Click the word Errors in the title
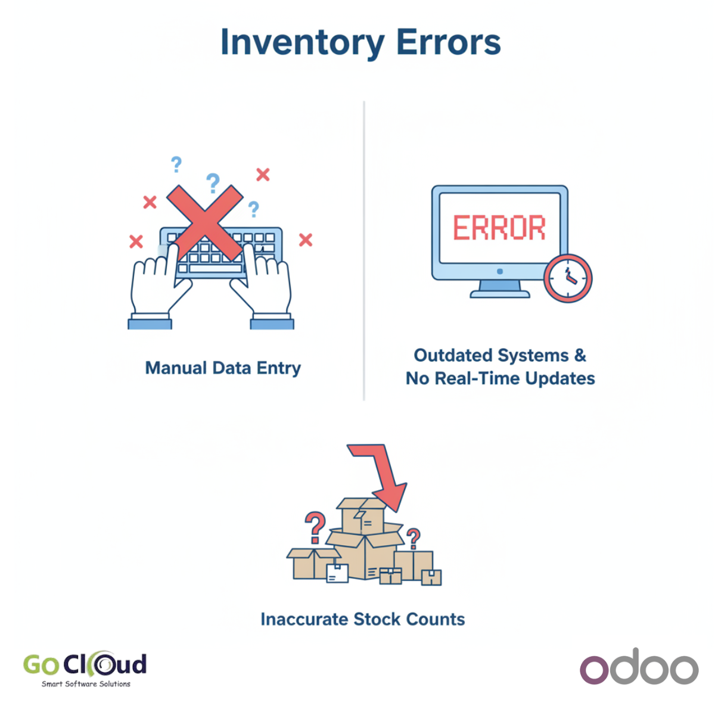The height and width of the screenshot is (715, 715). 449,42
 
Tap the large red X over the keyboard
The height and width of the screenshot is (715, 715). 205,223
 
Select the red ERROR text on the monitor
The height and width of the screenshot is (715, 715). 499,227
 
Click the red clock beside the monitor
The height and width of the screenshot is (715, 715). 568,278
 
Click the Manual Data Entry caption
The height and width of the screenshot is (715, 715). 223,368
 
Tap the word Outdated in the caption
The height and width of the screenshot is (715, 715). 454,355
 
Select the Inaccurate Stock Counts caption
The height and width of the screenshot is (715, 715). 362,619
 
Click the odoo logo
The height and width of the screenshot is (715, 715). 639,667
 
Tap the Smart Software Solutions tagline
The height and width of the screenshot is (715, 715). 86,684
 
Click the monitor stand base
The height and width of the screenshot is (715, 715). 500,294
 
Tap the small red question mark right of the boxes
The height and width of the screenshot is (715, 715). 413,539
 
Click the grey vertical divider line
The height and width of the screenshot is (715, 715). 364,251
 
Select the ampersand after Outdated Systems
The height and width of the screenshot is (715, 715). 580,355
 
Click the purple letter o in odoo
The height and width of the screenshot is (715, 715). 594,670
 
